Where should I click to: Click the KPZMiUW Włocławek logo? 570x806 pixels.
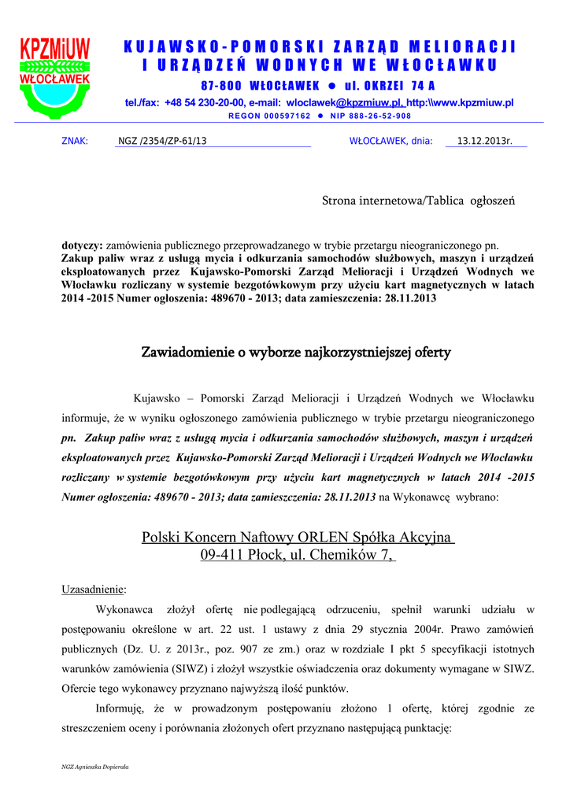55,77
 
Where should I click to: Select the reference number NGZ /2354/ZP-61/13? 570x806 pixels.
162,142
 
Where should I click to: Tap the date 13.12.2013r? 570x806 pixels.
484,142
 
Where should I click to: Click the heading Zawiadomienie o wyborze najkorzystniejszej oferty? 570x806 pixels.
295,352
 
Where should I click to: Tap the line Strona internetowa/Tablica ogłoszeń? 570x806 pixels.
418,201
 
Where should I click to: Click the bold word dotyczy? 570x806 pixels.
82,246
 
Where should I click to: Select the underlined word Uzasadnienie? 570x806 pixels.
94,589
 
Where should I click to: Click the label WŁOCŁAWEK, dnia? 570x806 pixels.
390,142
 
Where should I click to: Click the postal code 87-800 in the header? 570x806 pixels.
221,86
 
